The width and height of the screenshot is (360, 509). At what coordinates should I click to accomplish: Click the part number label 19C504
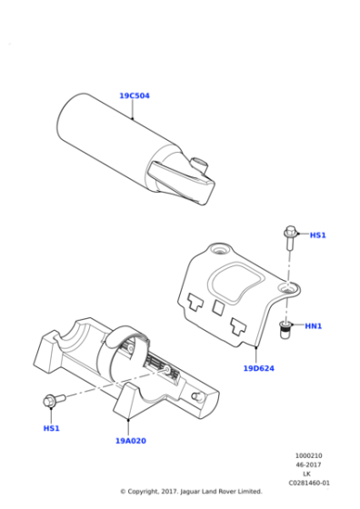pos(134,95)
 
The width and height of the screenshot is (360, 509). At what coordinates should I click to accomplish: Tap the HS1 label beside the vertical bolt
pos(317,235)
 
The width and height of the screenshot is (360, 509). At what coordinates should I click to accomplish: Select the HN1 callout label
pos(314,326)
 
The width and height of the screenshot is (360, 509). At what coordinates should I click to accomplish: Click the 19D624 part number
pos(259,368)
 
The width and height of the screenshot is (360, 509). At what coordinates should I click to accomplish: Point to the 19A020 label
pos(130,440)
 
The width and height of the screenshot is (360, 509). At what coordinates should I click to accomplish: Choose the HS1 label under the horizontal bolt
pos(51,427)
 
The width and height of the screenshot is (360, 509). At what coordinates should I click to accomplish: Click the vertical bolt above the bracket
pos(290,240)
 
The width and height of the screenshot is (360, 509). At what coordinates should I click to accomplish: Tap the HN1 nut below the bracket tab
pos(285,328)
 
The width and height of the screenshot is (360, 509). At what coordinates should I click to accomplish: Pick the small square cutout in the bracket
pos(217,308)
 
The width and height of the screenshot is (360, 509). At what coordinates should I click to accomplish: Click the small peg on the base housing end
pos(196,396)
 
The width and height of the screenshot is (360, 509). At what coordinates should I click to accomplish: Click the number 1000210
pos(306,456)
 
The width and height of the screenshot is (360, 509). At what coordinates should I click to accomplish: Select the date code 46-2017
pos(307,465)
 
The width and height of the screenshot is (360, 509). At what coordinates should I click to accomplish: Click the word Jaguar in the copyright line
pos(188,492)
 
